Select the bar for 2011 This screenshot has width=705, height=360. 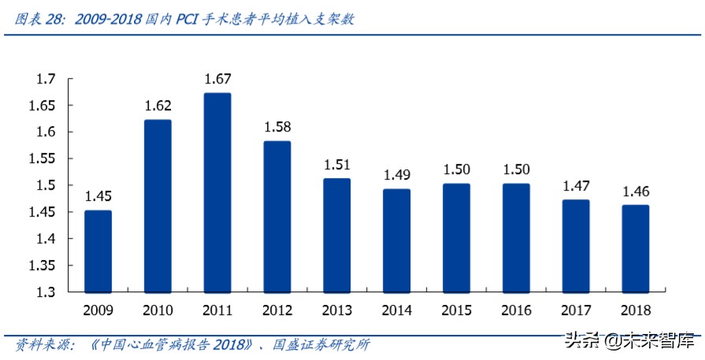[x=217, y=192]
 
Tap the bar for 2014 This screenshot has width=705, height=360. [x=396, y=240]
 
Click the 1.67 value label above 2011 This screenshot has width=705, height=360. [x=217, y=79]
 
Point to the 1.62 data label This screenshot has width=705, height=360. [x=158, y=106]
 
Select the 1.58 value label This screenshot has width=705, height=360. [x=277, y=127]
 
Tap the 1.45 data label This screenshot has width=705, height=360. [x=98, y=196]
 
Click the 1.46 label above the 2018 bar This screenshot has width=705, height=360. [x=635, y=191]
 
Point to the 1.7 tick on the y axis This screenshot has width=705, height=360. [x=46, y=79]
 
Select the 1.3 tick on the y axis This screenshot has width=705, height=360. [x=46, y=292]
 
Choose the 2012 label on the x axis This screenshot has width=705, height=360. [x=277, y=310]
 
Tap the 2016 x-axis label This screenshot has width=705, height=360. [x=516, y=310]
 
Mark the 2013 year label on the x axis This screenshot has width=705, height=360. [x=337, y=310]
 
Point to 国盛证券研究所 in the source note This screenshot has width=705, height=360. [x=321, y=345]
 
